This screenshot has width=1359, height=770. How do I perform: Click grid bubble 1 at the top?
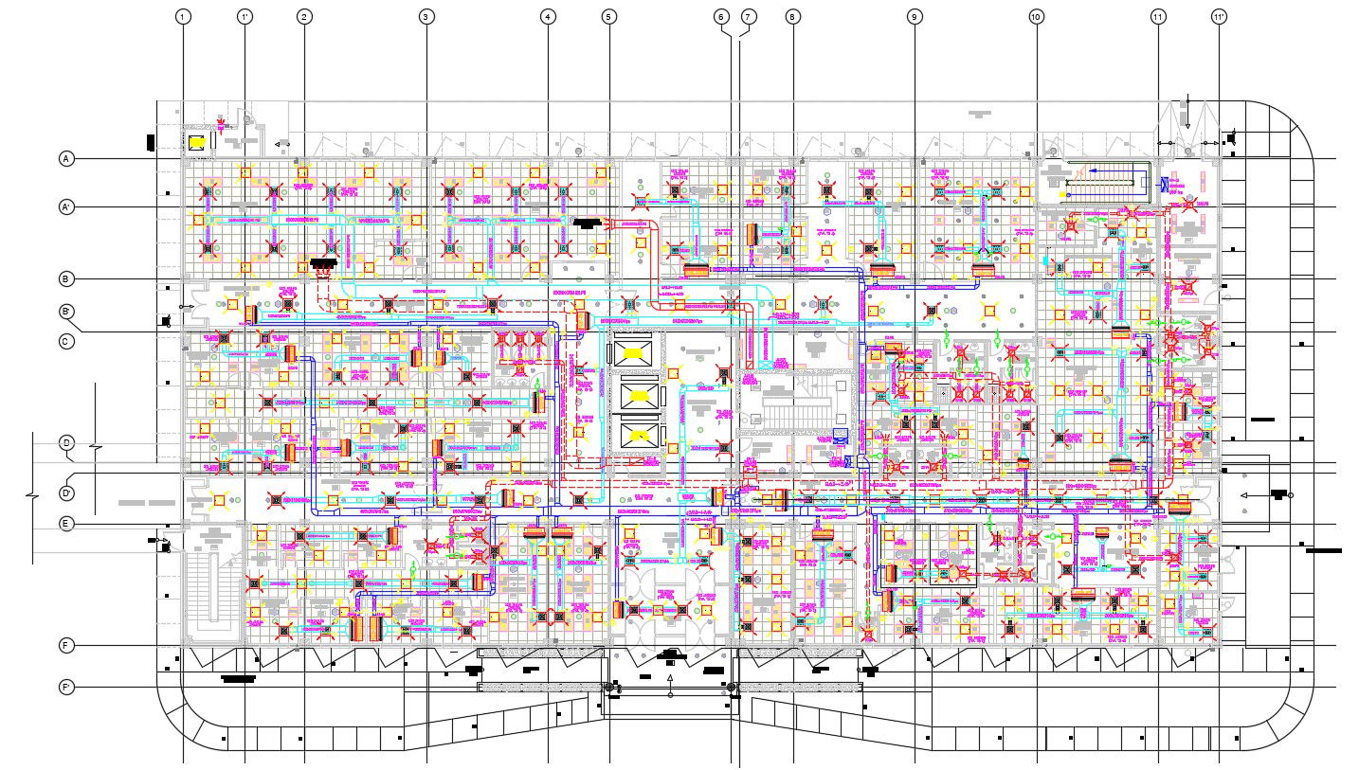183,17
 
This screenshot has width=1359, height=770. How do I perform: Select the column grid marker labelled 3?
426,17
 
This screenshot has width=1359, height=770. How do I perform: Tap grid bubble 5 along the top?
608,17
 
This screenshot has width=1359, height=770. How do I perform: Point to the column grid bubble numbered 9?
914,17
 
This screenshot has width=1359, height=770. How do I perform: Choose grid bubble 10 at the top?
1036,17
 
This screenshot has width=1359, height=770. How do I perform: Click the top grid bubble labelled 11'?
1219,17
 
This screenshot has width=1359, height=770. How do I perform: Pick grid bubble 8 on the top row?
793,17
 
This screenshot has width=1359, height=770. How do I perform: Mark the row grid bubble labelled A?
66,159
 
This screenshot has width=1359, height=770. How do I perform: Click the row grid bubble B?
66,279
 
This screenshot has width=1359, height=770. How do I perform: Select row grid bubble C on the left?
66,341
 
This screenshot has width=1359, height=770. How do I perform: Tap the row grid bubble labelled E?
66,524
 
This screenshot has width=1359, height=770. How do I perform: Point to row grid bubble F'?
66,687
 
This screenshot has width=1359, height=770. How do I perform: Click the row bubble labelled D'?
66,492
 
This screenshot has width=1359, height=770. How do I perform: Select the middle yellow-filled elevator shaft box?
633,393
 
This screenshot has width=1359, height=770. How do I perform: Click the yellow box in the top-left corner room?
197,143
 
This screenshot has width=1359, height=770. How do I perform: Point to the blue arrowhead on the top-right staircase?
1090,171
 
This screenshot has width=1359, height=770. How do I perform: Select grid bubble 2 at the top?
304,17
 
